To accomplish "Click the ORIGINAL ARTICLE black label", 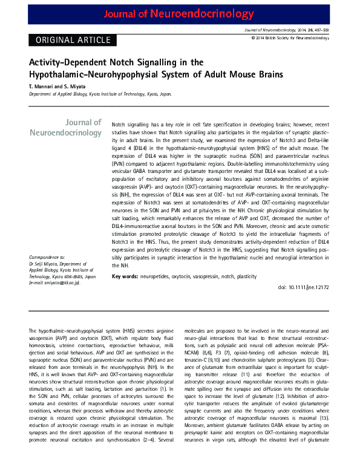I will (70, 40).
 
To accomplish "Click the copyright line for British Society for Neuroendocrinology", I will (290, 38).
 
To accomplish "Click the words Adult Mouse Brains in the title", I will (247, 74).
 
